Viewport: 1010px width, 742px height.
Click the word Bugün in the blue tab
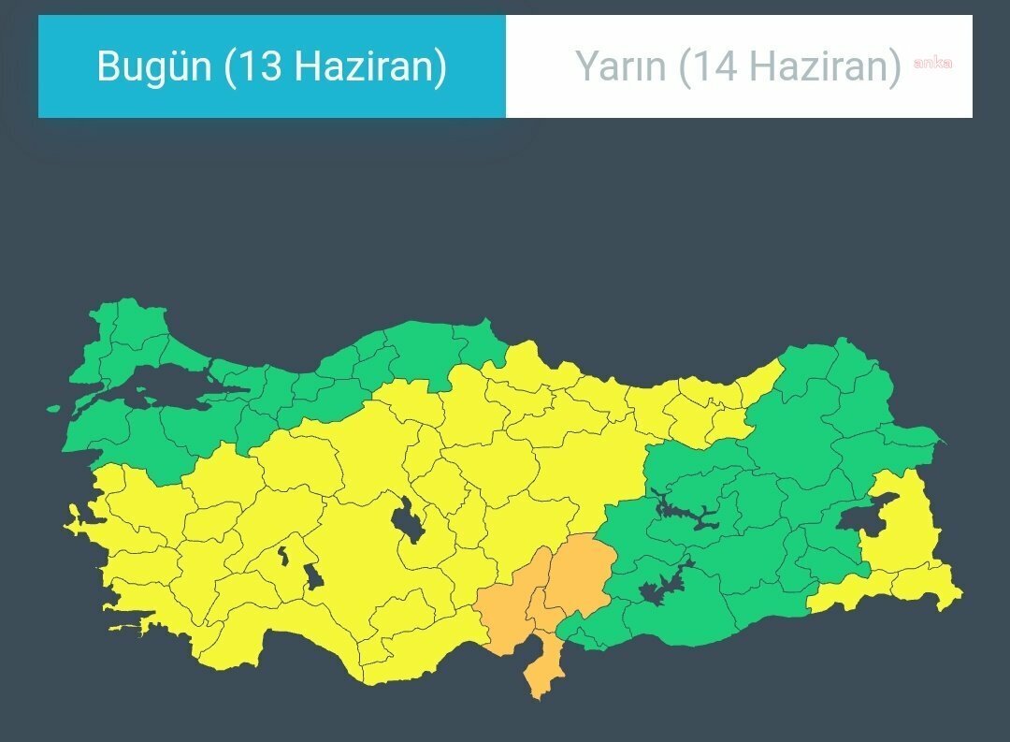(155, 66)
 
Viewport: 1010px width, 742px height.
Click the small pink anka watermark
(932, 64)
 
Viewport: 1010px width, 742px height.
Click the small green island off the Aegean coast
(53, 409)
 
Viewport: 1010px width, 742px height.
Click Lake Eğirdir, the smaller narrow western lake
(281, 559)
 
